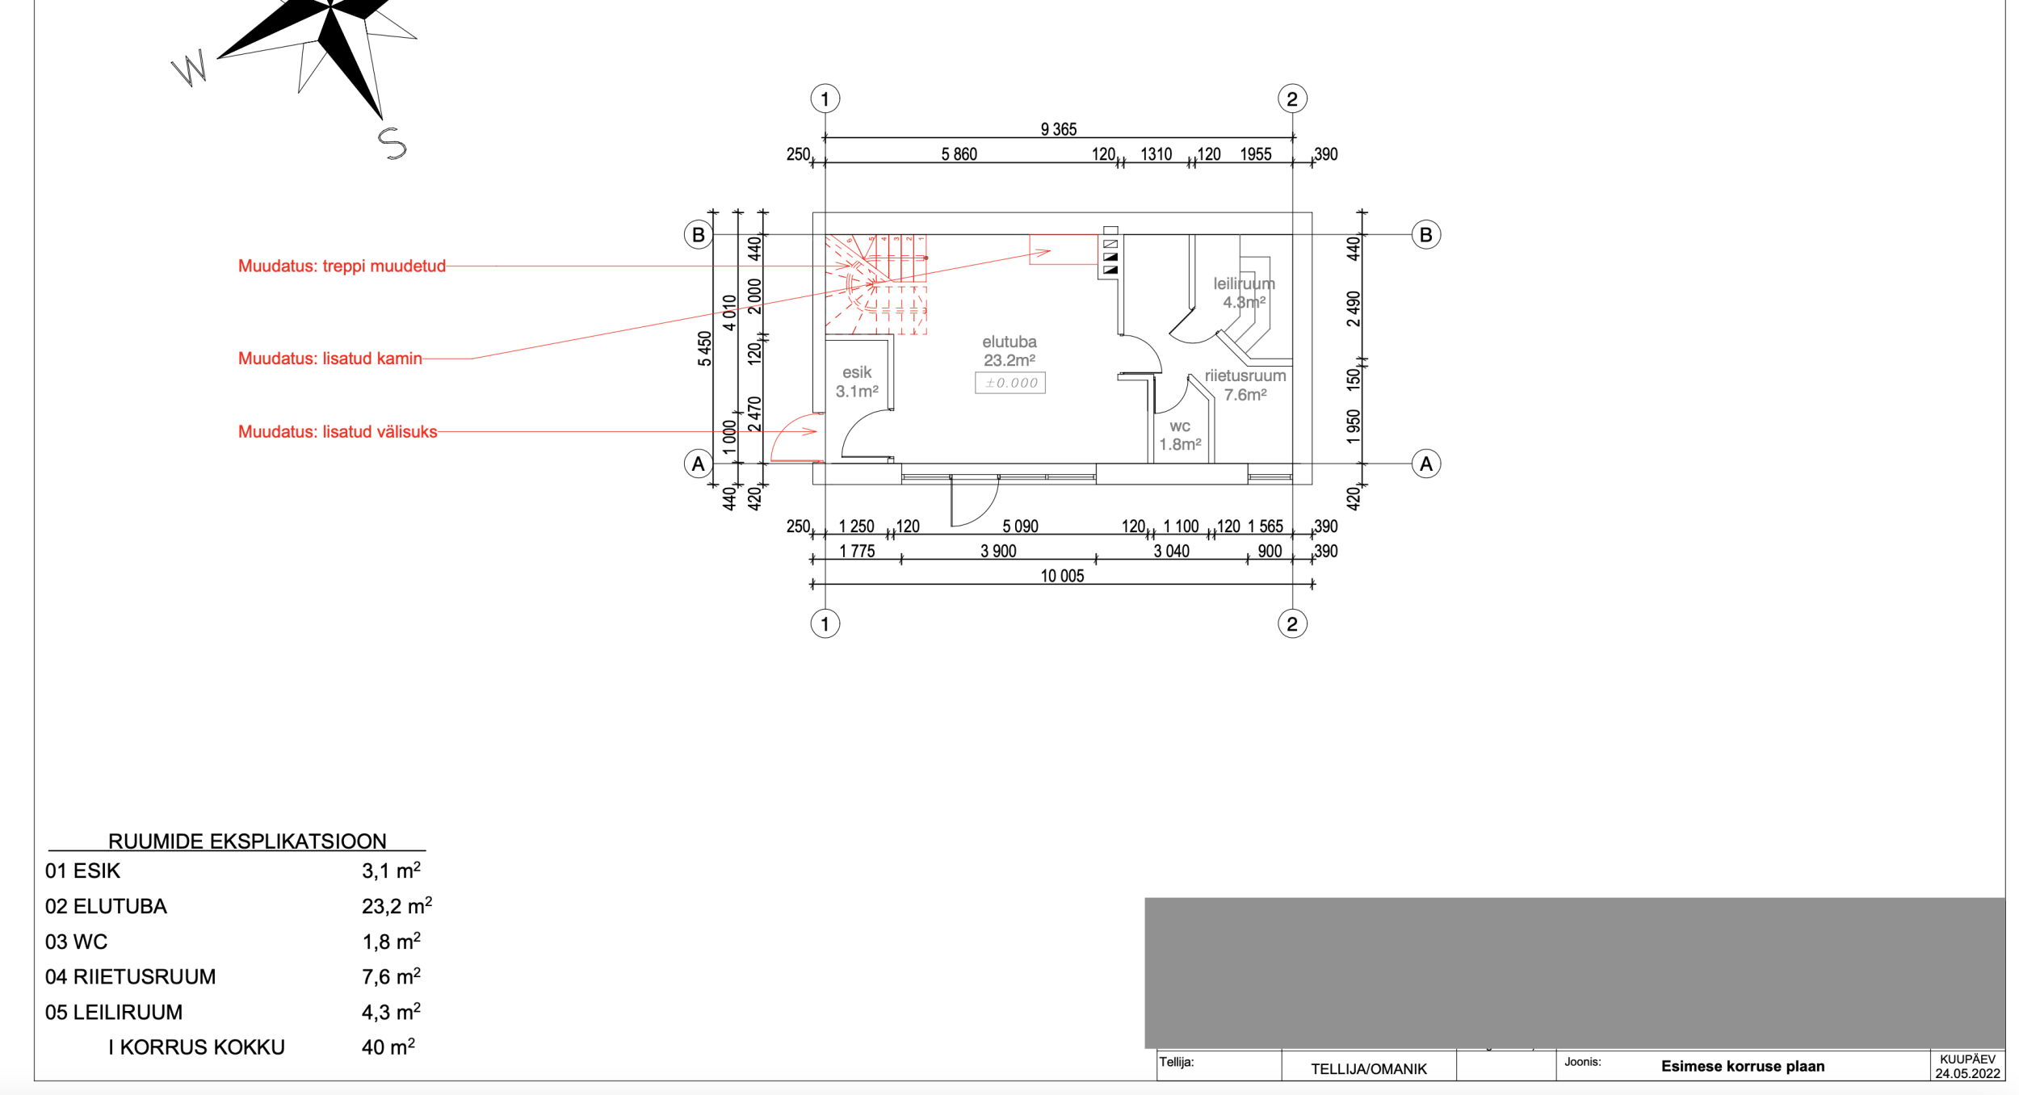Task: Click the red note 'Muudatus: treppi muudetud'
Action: [x=342, y=266]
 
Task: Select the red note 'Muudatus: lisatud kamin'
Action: [x=330, y=359]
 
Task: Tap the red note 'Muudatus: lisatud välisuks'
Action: [x=338, y=432]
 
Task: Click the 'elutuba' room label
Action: [x=1009, y=342]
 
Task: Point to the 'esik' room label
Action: [x=857, y=372]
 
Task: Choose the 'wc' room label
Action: [x=1180, y=426]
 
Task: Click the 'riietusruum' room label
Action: [x=1245, y=375]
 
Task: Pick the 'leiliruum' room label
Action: [x=1245, y=283]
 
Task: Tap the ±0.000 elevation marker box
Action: [x=1010, y=383]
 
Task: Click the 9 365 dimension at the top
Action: [x=1059, y=129]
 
